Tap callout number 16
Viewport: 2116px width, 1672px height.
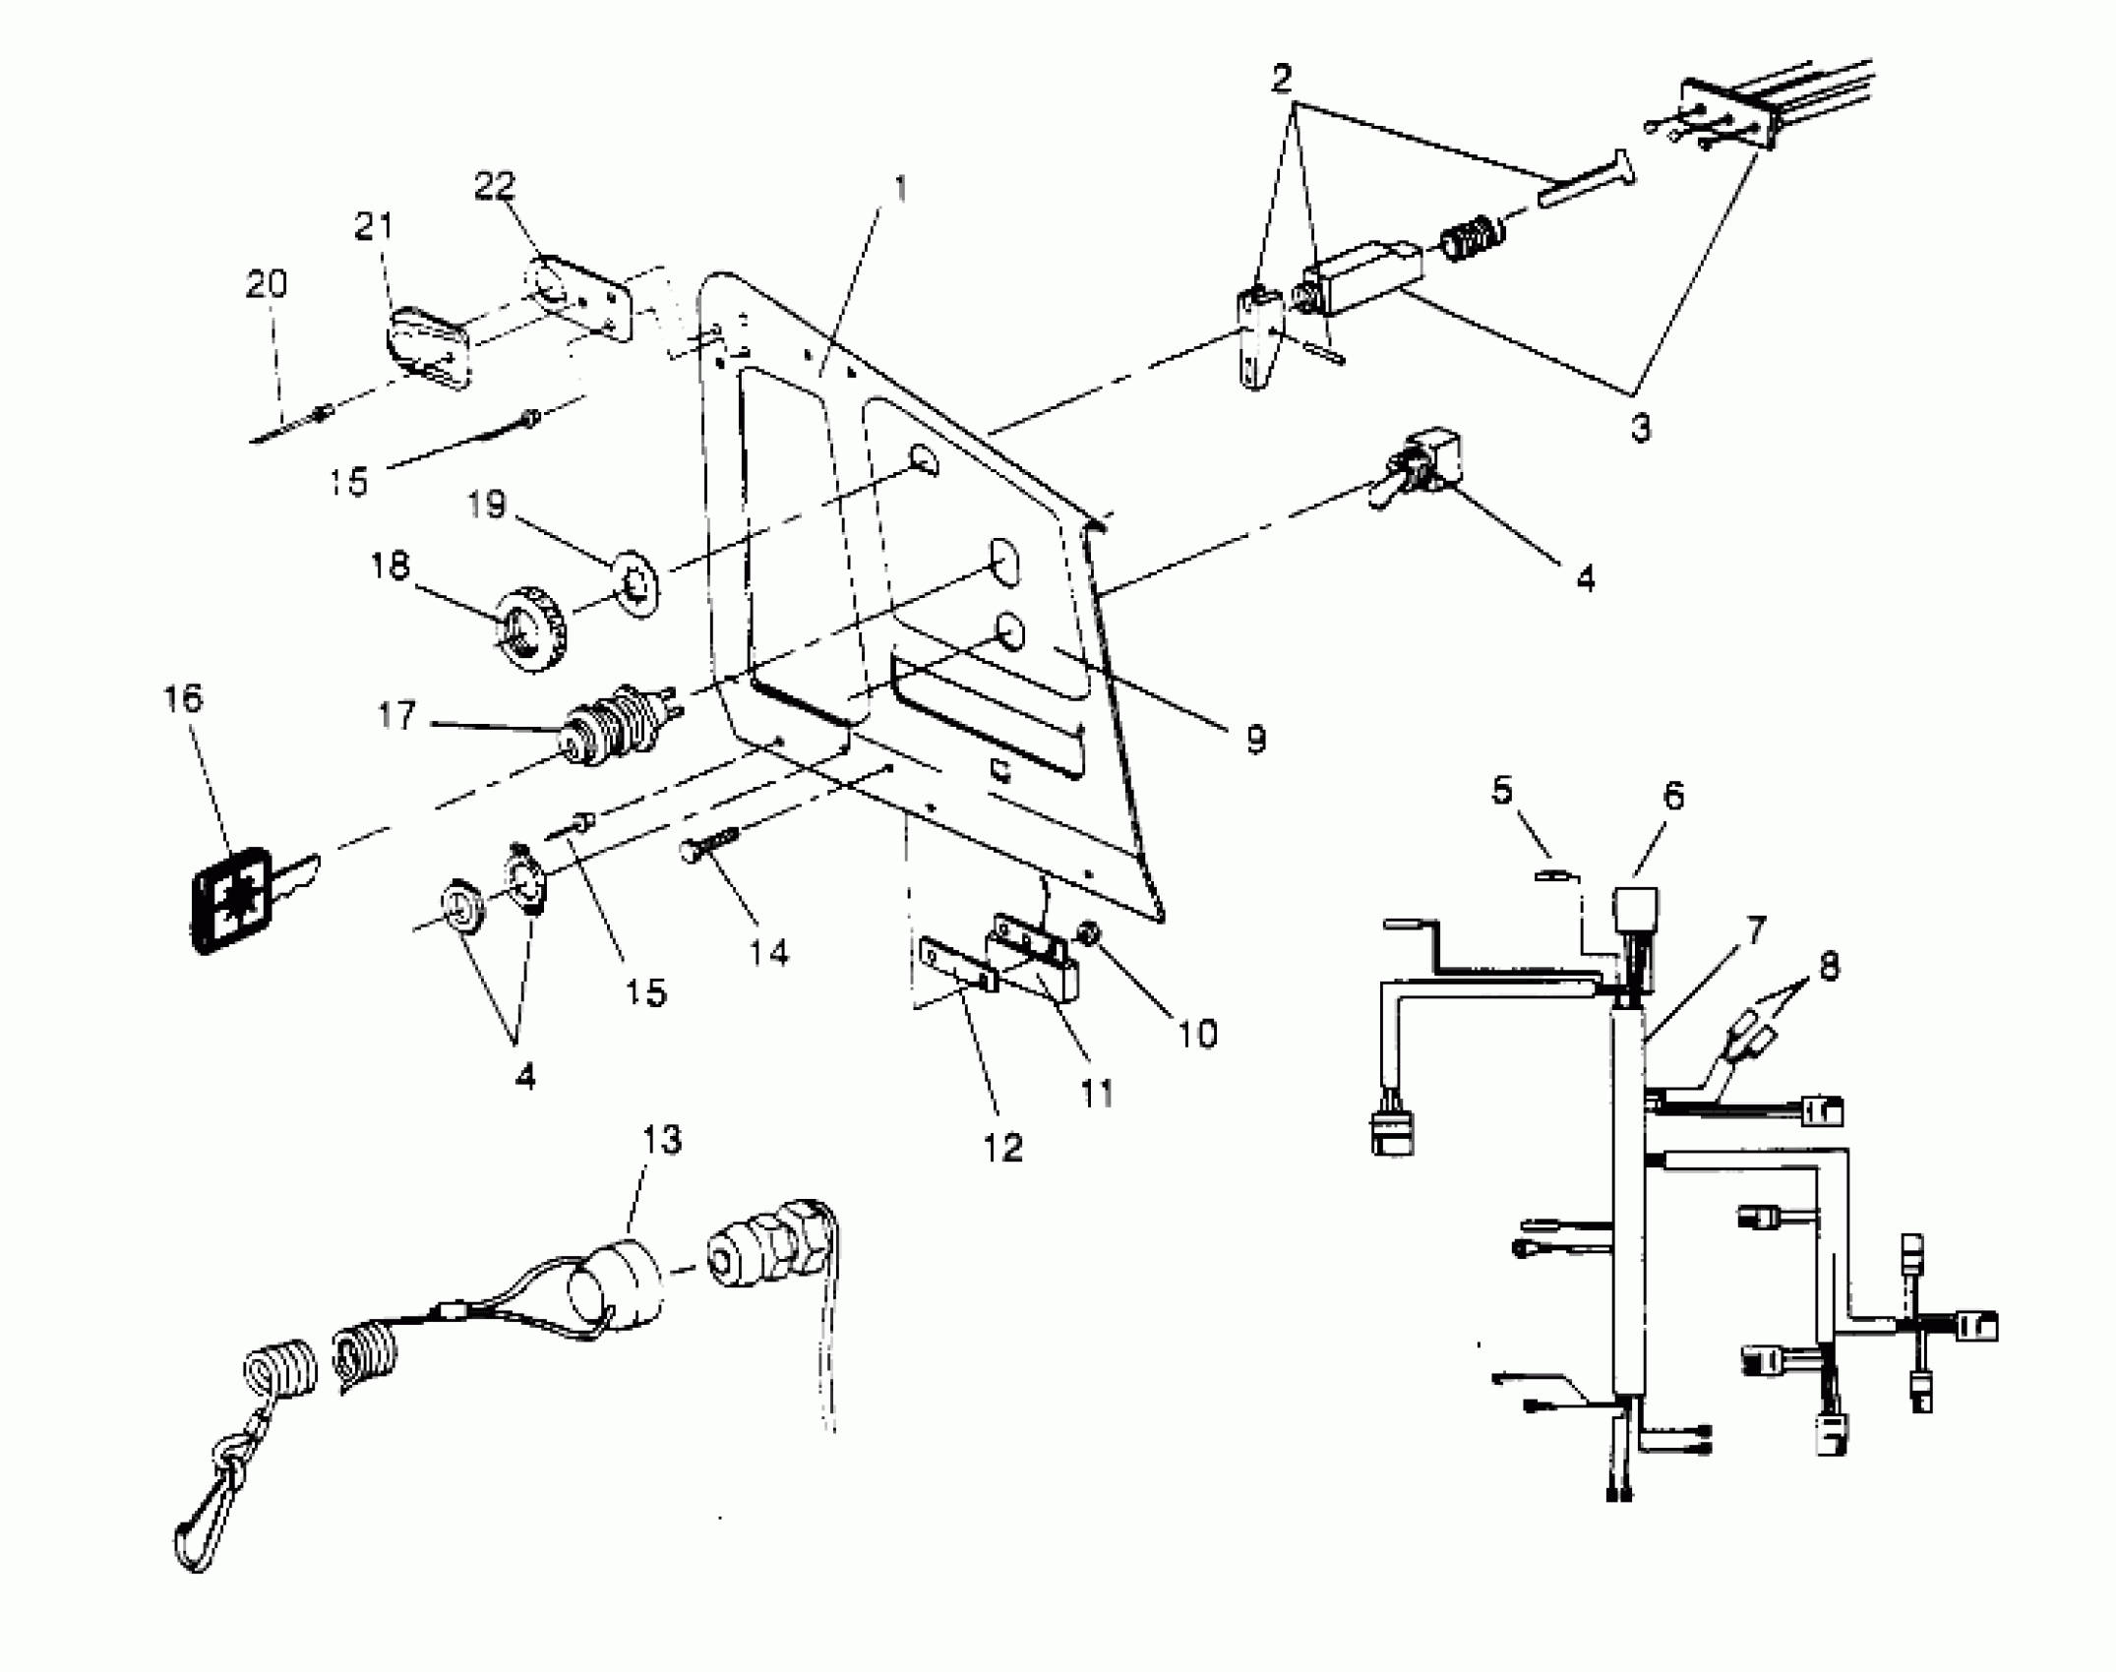[184, 699]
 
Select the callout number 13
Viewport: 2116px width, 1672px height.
[661, 1141]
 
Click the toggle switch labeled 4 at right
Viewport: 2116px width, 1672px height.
[1419, 466]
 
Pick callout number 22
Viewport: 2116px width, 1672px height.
[495, 186]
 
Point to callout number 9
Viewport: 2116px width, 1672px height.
[1255, 740]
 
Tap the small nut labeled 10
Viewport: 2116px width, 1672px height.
[1089, 930]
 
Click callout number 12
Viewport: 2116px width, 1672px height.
[1001, 1147]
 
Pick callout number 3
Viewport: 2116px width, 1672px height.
[1640, 429]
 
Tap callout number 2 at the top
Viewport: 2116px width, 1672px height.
[1281, 79]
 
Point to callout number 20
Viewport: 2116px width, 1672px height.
[266, 284]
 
